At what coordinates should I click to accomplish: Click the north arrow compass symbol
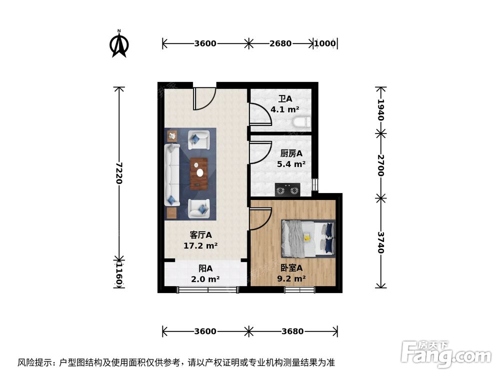(x=119, y=44)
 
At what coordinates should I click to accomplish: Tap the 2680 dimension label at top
(x=280, y=43)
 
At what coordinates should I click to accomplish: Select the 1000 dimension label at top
(x=325, y=43)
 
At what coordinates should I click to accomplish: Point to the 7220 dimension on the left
(x=119, y=172)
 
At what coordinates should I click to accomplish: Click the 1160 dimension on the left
(x=119, y=273)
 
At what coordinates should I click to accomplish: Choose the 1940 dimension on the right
(x=381, y=110)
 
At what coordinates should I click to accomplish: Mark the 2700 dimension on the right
(x=381, y=165)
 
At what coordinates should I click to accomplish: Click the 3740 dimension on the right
(x=381, y=242)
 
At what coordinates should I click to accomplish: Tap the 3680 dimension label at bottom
(x=293, y=331)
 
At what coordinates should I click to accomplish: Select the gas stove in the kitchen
(x=287, y=189)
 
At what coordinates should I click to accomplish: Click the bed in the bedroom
(x=307, y=238)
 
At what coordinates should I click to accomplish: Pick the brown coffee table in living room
(x=199, y=173)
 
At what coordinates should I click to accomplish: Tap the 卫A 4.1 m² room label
(x=285, y=104)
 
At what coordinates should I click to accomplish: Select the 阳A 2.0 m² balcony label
(x=205, y=274)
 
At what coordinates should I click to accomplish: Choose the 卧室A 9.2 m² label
(x=291, y=273)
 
